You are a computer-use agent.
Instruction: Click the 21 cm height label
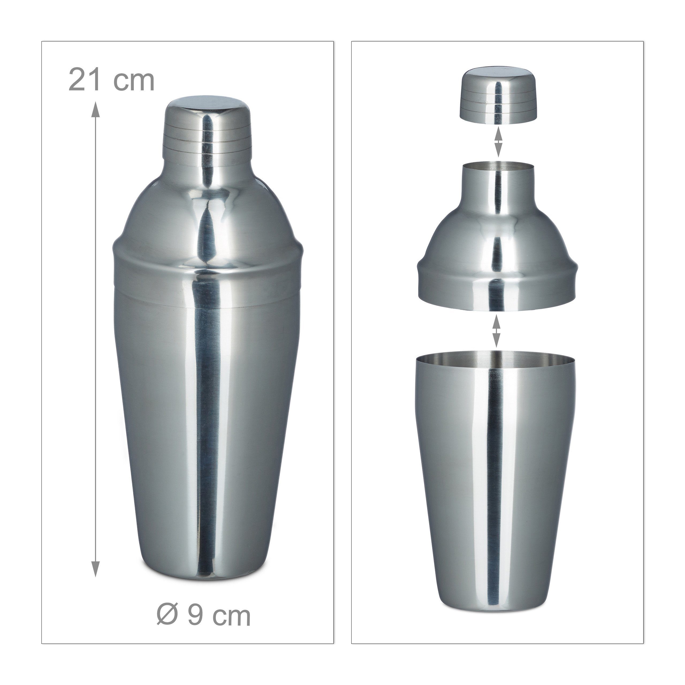[x=111, y=81]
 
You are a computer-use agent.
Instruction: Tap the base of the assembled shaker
[x=207, y=564]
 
